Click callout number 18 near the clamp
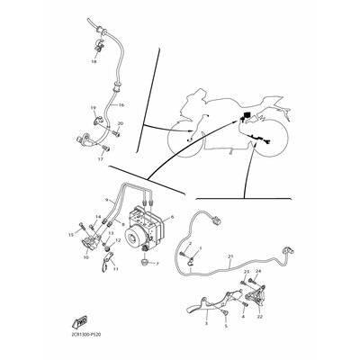click(94, 63)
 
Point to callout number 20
click(121, 123)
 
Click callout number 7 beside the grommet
click(157, 265)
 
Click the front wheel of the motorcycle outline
click(190, 141)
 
